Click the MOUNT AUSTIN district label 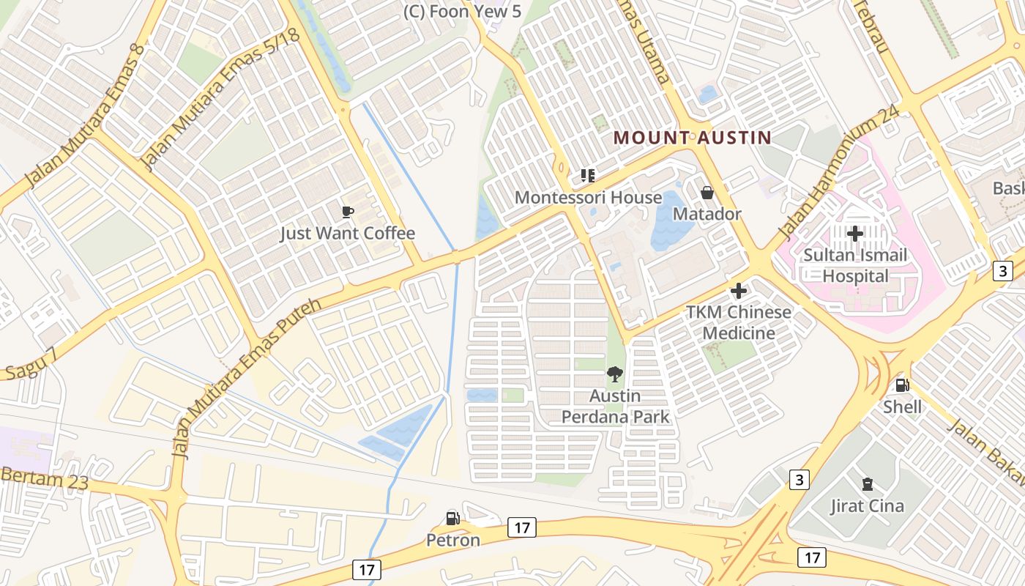tap(693, 137)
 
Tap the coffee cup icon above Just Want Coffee tap(348, 212)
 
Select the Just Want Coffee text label tap(348, 234)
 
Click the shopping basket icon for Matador tap(707, 193)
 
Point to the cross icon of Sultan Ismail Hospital tap(855, 234)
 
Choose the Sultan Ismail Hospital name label tap(855, 266)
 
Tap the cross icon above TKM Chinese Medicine tap(739, 291)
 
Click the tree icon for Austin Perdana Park tap(615, 375)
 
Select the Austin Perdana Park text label tap(615, 407)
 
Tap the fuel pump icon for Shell tap(903, 385)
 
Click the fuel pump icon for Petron tap(453, 519)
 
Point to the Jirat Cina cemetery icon tap(868, 484)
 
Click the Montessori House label tap(588, 198)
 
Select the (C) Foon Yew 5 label tap(463, 11)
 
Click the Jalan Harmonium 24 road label tap(838, 174)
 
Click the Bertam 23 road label tap(44, 479)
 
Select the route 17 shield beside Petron tap(521, 527)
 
